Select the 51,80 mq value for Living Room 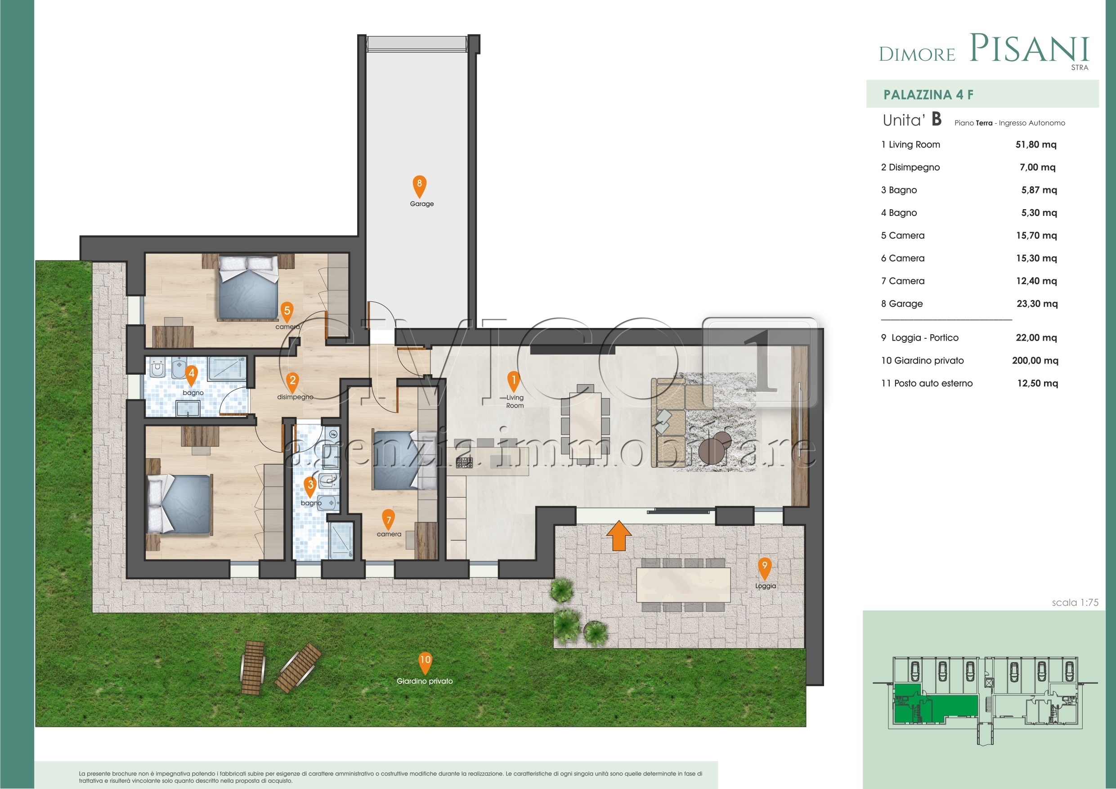pyautogui.click(x=1035, y=144)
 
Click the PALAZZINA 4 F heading pyautogui.click(x=928, y=94)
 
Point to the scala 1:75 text pyautogui.click(x=1075, y=602)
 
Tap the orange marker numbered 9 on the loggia pyautogui.click(x=764, y=567)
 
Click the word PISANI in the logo pyautogui.click(x=1030, y=49)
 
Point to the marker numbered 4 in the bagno pyautogui.click(x=191, y=375)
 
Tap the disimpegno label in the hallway pyautogui.click(x=295, y=397)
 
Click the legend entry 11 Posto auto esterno pyautogui.click(x=927, y=383)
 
